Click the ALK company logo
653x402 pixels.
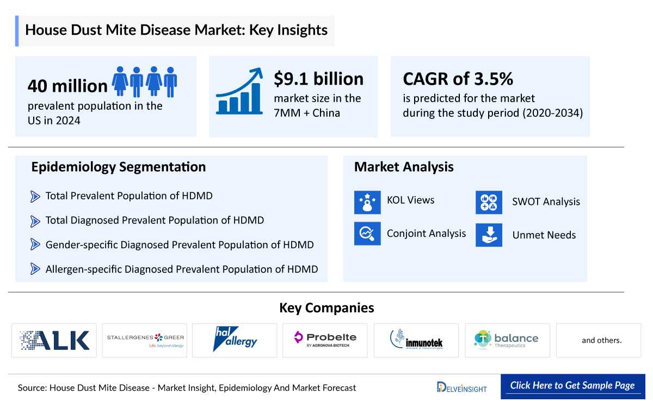(54, 341)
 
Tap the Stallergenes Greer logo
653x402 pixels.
(145, 341)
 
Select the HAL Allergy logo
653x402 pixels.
(235, 341)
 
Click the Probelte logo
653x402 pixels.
(325, 341)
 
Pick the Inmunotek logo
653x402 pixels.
(416, 341)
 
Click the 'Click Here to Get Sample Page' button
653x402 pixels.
(572, 386)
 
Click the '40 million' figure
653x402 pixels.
(67, 86)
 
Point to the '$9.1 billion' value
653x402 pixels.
(318, 79)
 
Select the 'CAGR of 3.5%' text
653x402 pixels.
(458, 79)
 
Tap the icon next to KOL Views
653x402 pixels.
(367, 202)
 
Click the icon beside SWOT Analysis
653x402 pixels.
(489, 202)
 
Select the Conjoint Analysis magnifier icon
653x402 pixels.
(367, 234)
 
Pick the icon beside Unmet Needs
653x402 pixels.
(489, 235)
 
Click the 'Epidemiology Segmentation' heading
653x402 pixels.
(118, 167)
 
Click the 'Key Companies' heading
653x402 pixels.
(326, 308)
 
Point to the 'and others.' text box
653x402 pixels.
(601, 341)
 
